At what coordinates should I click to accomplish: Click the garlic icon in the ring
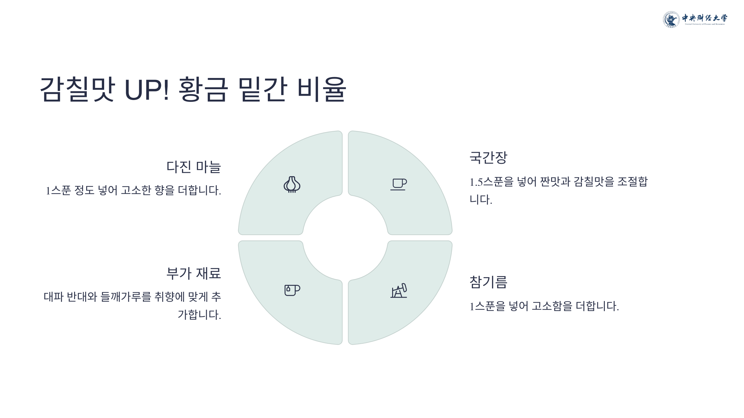point(292,185)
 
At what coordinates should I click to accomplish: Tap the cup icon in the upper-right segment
point(399,184)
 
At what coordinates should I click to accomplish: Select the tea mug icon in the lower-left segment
point(292,290)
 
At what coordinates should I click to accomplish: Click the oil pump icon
point(399,291)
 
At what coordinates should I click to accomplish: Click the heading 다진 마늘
point(193,167)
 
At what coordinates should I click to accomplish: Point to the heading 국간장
point(488,158)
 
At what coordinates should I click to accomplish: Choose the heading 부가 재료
point(193,273)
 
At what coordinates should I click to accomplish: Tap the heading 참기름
point(488,282)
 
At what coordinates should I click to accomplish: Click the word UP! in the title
point(147,90)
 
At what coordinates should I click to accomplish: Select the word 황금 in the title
point(203,90)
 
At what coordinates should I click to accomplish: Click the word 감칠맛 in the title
point(77,90)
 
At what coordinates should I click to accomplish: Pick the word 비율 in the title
point(321,90)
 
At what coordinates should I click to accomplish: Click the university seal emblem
point(671,20)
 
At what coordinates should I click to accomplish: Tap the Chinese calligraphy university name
point(704,18)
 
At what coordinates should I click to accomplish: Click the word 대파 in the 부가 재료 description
point(53,297)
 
